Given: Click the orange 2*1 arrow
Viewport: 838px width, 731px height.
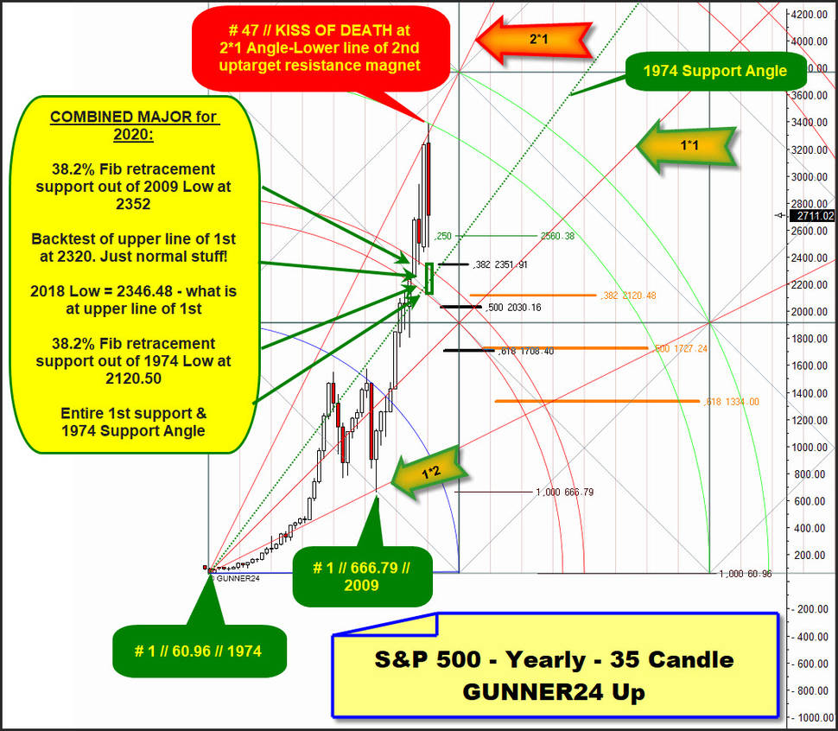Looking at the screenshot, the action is [535, 39].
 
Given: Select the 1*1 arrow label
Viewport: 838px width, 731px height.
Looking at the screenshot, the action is [688, 146].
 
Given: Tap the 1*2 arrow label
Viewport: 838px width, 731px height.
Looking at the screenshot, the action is [430, 473].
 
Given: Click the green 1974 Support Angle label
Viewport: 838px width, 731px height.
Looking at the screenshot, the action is [715, 71].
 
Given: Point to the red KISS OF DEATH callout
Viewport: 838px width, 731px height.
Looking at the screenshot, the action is [321, 48].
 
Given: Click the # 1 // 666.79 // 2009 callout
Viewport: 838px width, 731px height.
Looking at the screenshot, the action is [362, 576].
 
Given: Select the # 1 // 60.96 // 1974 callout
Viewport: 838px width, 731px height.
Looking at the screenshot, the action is [199, 651].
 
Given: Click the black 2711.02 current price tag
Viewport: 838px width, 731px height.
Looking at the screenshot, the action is [815, 216].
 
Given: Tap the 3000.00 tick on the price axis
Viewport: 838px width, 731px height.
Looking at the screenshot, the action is [809, 176].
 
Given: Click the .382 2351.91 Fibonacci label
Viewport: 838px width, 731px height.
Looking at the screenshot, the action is [500, 264].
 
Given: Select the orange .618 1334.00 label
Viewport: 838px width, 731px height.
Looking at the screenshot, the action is [731, 402].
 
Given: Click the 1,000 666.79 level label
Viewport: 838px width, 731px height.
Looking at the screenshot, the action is [565, 492].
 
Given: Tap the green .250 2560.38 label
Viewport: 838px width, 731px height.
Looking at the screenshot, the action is [505, 236].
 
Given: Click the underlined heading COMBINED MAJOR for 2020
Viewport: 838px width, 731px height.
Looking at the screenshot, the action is [134, 125].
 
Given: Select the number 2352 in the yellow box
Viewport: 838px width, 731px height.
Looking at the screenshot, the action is [133, 204].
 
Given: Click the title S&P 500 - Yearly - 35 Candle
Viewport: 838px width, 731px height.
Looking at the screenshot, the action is [555, 660].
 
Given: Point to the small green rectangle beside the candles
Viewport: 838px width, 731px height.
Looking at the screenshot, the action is [429, 278].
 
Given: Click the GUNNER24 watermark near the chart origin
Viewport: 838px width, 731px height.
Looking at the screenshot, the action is [235, 578].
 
